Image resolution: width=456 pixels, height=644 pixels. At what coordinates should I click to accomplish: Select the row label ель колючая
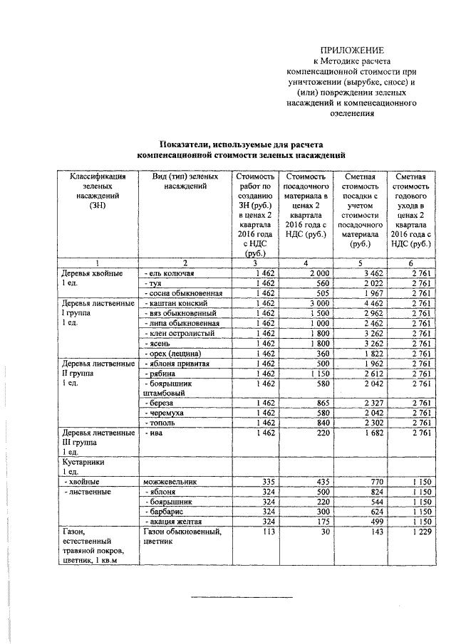point(171,273)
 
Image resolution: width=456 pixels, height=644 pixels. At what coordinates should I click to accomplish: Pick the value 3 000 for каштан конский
point(315,303)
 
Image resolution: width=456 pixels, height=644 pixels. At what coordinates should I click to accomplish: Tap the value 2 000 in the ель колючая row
point(315,273)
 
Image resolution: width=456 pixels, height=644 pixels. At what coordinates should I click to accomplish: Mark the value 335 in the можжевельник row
point(268,482)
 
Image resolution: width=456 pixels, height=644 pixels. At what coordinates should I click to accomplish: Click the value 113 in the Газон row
point(268,532)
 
